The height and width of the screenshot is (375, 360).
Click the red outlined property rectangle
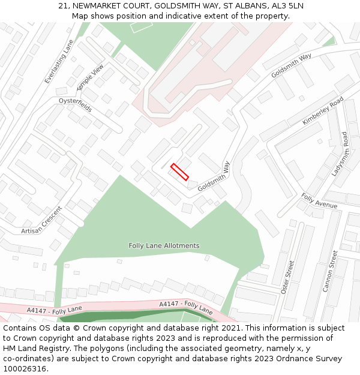[x=179, y=172]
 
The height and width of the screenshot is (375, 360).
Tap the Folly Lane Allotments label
[x=164, y=246]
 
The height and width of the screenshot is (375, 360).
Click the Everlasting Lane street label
[x=58, y=62]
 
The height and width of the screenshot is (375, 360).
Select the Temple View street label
[x=94, y=77]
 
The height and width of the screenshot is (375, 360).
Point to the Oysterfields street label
[x=75, y=106]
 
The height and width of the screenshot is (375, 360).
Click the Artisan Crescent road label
[x=41, y=221]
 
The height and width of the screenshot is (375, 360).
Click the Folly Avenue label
[x=319, y=201]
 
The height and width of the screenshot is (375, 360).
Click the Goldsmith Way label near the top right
[x=291, y=65]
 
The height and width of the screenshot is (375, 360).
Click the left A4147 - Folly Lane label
[x=55, y=310]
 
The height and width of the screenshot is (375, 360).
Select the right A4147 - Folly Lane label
[x=186, y=307]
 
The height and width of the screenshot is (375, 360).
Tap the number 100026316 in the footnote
[x=25, y=369]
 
